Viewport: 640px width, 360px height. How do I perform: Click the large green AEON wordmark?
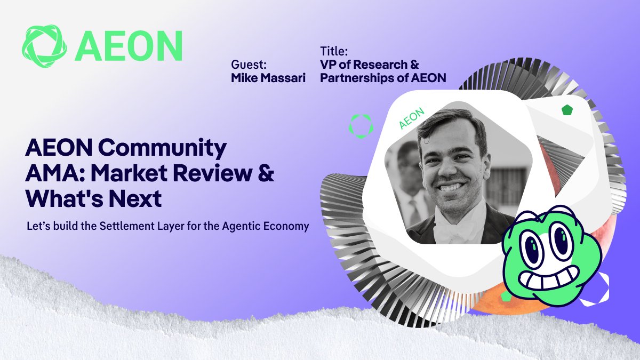coord(129,46)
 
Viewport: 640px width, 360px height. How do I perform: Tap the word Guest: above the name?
coord(249,65)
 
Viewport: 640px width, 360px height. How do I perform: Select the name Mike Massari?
coord(268,78)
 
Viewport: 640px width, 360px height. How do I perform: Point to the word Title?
coord(334,51)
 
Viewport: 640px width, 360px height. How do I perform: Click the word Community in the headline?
coord(162,148)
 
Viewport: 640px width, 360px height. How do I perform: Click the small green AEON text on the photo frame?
coord(411,118)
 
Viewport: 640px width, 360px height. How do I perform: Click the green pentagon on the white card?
coord(567,110)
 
